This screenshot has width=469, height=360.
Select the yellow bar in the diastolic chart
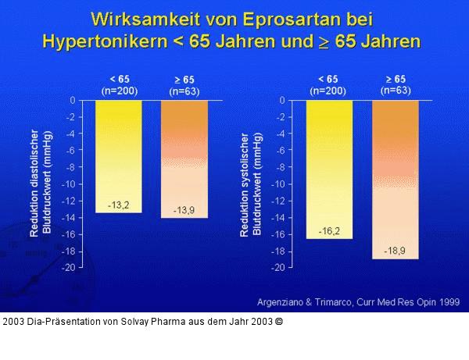[118, 156]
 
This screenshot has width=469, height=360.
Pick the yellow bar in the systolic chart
[329, 169]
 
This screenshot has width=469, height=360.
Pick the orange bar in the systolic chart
[396, 180]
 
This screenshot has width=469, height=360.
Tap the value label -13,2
[118, 205]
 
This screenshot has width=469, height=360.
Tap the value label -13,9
[184, 210]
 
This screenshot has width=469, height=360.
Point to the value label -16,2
[329, 231]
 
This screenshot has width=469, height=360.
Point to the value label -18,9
[396, 251]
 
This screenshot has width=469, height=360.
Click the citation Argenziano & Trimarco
[306, 301]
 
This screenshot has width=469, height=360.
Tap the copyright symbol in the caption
[279, 321]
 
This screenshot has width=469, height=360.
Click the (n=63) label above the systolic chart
[396, 91]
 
